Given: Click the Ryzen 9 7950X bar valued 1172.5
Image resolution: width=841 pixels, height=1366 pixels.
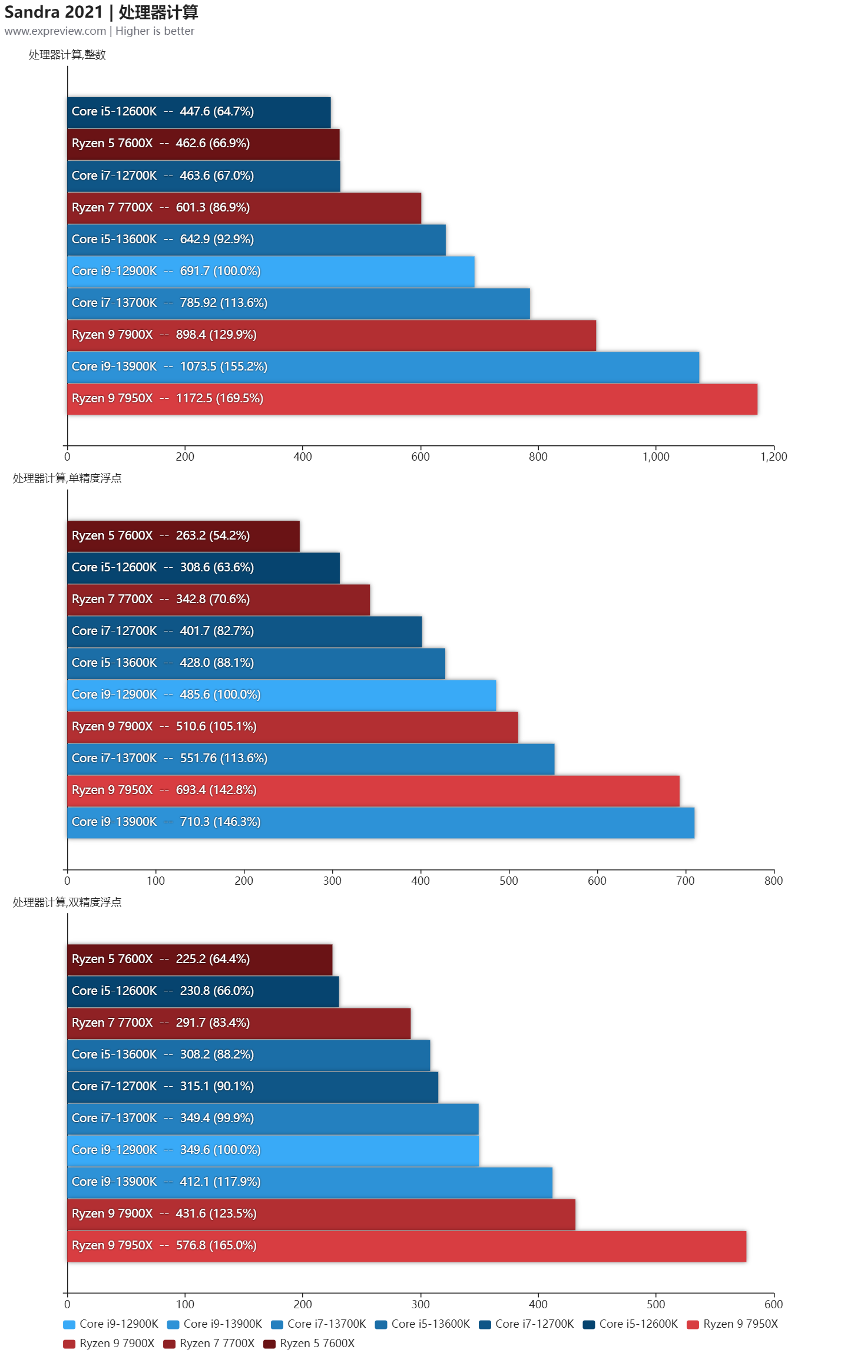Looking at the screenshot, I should coord(412,399).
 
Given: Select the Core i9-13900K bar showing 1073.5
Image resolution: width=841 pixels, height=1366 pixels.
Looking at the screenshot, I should coord(383,367).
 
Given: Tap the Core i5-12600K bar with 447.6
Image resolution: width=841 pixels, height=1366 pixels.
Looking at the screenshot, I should coord(199,112).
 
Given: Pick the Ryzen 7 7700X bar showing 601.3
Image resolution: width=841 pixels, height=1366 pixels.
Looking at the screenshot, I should coord(244,208).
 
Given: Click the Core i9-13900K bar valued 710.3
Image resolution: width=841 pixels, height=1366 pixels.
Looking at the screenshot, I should coord(380,822).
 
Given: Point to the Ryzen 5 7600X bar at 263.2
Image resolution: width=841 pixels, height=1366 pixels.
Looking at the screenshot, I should coord(183,536).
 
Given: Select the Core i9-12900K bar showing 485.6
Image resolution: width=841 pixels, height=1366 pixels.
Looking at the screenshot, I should coord(282,695).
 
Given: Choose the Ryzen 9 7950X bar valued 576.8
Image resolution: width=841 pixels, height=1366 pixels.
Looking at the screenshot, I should coord(406,1246).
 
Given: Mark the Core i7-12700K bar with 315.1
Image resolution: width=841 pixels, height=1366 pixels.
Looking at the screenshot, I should coord(253,1087).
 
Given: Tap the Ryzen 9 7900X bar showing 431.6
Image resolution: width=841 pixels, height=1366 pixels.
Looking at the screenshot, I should coord(321,1214).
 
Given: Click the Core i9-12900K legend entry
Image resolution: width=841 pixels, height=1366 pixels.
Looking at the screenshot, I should coord(111,1324).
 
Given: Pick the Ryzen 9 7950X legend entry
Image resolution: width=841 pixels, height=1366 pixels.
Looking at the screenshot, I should coord(733,1324).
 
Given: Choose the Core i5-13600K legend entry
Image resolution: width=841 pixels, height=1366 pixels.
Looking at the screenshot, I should coord(422,1324).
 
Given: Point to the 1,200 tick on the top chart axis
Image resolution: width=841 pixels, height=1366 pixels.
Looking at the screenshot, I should coord(773,457).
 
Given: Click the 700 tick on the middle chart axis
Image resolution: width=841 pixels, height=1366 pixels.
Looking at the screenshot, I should coord(685,881).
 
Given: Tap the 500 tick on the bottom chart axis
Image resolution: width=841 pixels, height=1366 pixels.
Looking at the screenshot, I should coord(655,1304).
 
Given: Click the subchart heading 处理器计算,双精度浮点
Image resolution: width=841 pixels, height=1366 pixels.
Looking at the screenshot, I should coord(67,902).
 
